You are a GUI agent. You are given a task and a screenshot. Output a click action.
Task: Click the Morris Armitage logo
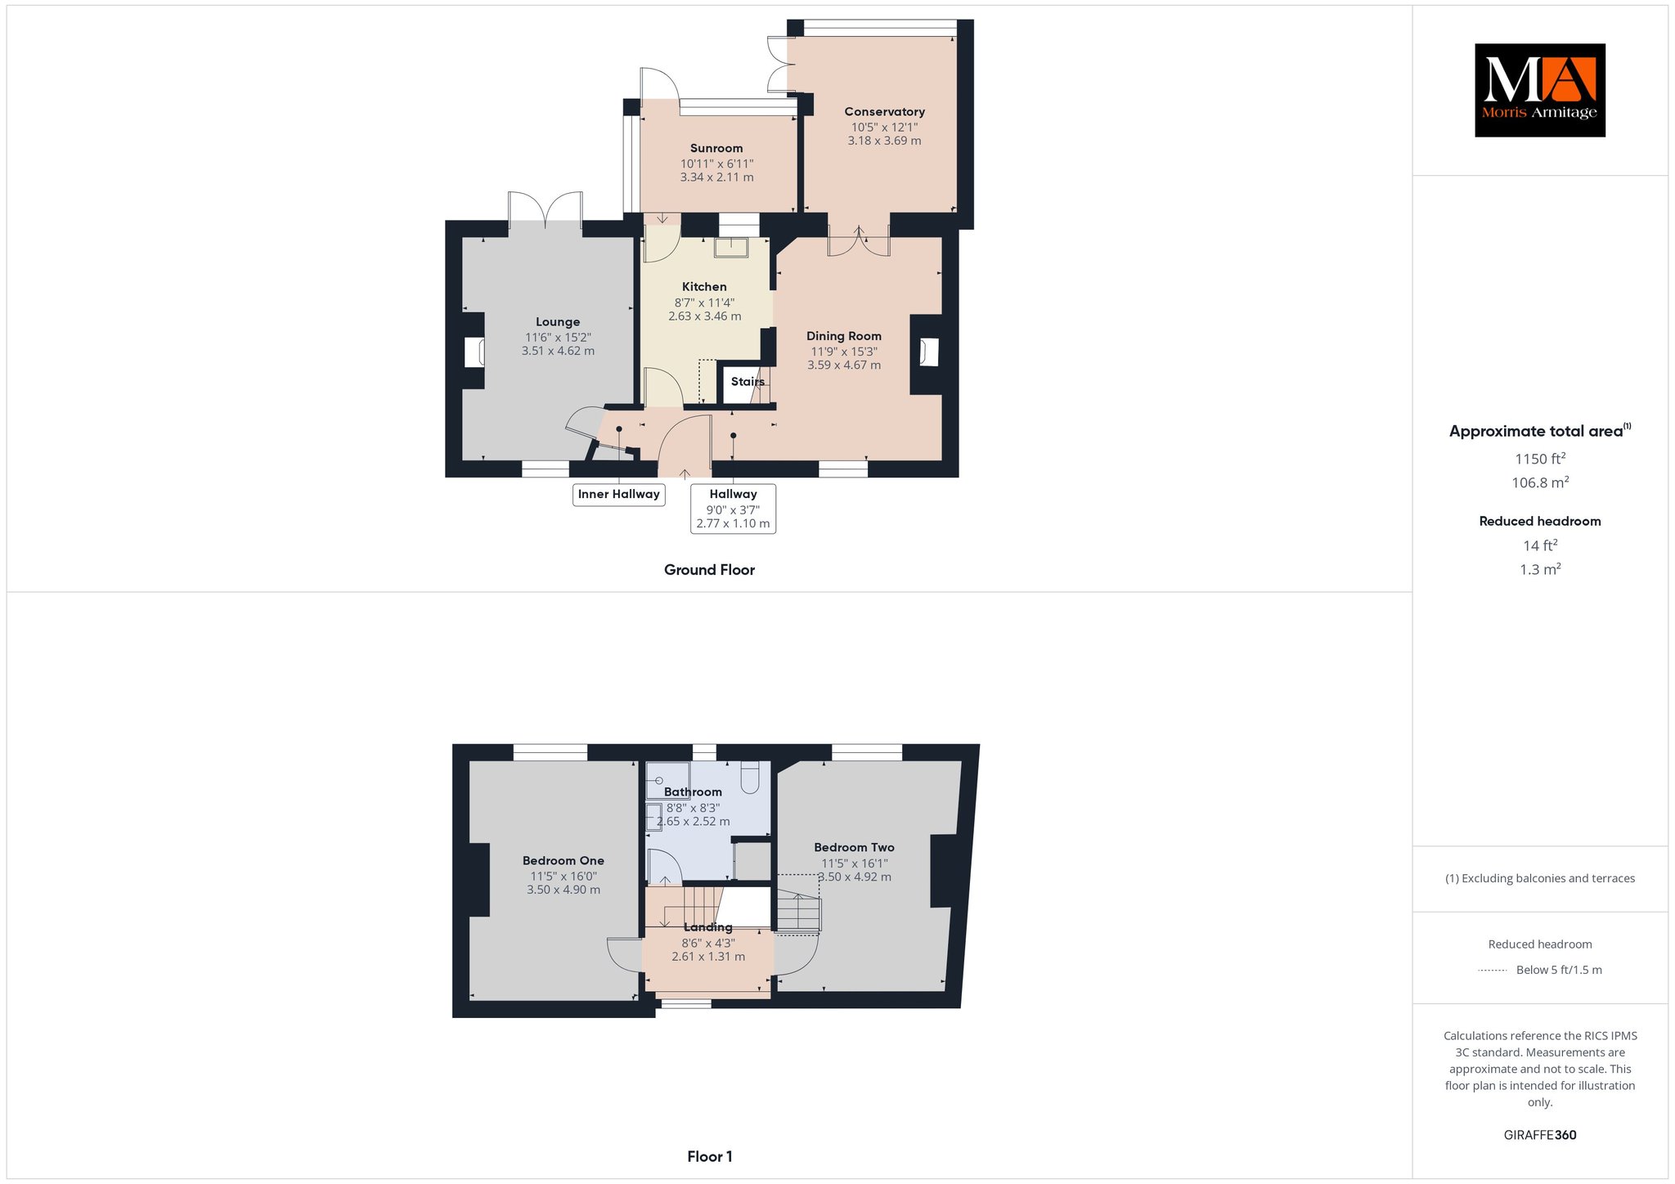coord(1539,90)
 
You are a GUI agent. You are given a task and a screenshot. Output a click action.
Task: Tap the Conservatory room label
coord(884,112)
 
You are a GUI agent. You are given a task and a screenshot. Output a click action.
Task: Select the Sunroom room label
coord(716,148)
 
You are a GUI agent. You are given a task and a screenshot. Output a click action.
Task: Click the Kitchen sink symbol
coord(730,247)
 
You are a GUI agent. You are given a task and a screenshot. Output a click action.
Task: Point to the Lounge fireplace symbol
coord(474,352)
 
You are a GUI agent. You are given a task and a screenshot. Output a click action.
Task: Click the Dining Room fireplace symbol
coord(928,352)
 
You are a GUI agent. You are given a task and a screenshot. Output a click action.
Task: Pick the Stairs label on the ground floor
coord(748,382)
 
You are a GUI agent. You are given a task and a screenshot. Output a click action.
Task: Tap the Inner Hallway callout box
coord(618,494)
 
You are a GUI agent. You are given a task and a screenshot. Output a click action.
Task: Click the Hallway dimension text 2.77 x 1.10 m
coord(733,523)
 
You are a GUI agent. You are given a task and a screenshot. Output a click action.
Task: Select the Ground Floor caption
coord(709,570)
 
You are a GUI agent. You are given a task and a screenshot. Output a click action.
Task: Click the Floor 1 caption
coord(709,1156)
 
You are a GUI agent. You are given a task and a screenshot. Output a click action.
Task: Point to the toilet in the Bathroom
coord(751,778)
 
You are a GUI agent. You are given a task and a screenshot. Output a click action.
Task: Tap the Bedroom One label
coord(564,860)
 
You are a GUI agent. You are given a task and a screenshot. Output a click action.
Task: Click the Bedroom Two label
coord(854,847)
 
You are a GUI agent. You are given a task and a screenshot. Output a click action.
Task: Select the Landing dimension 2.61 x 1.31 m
coord(708,957)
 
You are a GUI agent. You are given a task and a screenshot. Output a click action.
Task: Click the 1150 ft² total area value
coord(1540,459)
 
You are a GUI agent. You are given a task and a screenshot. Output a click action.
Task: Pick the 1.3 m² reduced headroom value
coord(1540,569)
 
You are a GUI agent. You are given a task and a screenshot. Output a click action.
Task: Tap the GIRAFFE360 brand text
coord(1540,1135)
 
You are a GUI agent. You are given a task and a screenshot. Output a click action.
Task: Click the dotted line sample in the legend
coord(1493,971)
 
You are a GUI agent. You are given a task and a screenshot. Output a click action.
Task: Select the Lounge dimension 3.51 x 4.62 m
coord(558,351)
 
